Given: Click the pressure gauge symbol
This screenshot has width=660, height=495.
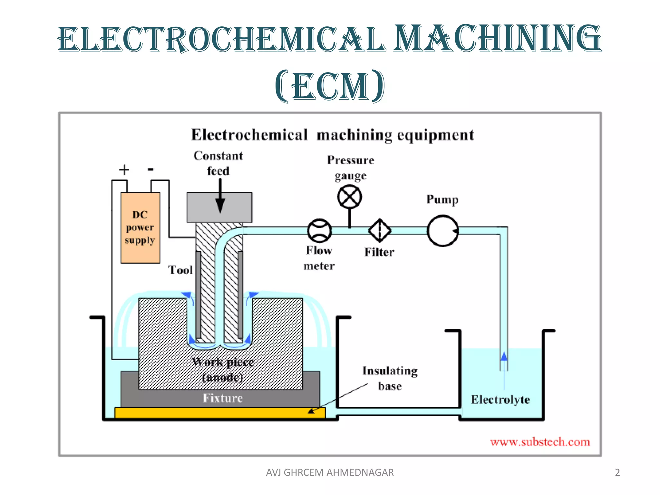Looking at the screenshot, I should click(x=349, y=197).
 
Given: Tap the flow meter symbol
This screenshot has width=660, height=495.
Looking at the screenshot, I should click(x=319, y=231).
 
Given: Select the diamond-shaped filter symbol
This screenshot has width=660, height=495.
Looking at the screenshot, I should click(x=380, y=231).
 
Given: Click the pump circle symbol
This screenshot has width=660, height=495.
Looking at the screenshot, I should click(x=443, y=231).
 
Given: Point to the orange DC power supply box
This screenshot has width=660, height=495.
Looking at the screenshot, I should click(x=140, y=228).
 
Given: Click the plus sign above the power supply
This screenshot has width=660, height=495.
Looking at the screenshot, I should click(x=124, y=170).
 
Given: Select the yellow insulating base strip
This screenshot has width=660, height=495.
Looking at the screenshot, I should click(x=220, y=413).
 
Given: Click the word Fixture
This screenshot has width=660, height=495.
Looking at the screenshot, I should click(x=222, y=398).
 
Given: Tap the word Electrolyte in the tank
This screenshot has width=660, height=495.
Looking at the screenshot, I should click(x=500, y=400).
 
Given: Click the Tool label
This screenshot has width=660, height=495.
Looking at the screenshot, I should click(x=180, y=270).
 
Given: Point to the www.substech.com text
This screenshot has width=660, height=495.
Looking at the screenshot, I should click(x=540, y=442).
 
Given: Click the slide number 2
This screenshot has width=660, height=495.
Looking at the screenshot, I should click(x=617, y=472).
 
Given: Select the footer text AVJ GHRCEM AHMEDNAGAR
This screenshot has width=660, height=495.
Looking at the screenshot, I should click(x=330, y=472).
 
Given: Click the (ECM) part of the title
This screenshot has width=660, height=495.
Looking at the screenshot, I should click(x=330, y=86).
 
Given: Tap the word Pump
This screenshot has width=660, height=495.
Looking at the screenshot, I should click(x=442, y=199).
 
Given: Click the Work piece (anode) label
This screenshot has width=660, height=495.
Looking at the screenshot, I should click(x=223, y=369).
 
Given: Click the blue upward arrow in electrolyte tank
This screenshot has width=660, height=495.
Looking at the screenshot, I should click(x=504, y=358).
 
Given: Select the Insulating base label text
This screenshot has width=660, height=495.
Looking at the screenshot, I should click(x=390, y=378).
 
